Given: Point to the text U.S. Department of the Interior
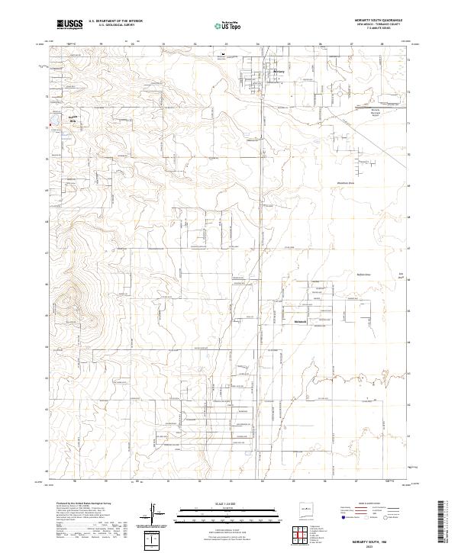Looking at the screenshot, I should pyautogui.click(x=116, y=21).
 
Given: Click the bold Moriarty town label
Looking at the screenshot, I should pyautogui.click(x=279, y=72).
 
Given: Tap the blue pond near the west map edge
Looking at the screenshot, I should pyautogui.click(x=51, y=123).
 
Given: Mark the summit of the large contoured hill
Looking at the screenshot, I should pyautogui.click(x=74, y=288).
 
